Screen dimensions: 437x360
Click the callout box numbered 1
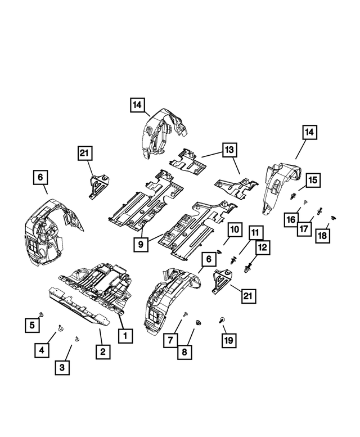(125, 336)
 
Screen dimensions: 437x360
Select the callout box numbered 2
(102, 352)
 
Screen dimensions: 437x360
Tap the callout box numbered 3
(63, 368)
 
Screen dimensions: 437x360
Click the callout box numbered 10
(234, 231)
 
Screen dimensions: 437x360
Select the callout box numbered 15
(313, 180)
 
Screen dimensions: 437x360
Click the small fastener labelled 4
(61, 327)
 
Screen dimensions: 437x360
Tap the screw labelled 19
(222, 319)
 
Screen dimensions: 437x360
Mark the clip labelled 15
(293, 197)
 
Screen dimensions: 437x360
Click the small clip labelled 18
(332, 217)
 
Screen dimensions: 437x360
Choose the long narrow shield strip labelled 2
(79, 307)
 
